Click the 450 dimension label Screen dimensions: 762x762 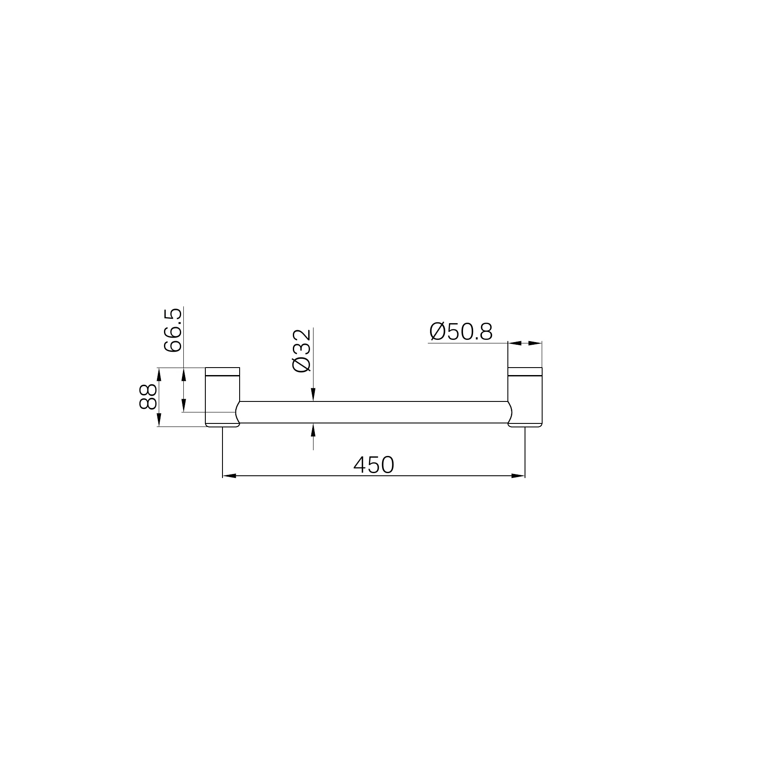374,465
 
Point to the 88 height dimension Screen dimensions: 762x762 147,397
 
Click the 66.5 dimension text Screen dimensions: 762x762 172,329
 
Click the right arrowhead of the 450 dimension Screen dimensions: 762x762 518,476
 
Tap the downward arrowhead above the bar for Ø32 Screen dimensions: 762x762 313,396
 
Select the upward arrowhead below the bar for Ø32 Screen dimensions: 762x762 313,429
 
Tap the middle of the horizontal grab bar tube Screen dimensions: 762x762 374,412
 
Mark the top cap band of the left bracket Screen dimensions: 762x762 222,372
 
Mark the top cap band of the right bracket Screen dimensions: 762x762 525,372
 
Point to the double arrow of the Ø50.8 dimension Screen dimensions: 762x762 525,343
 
